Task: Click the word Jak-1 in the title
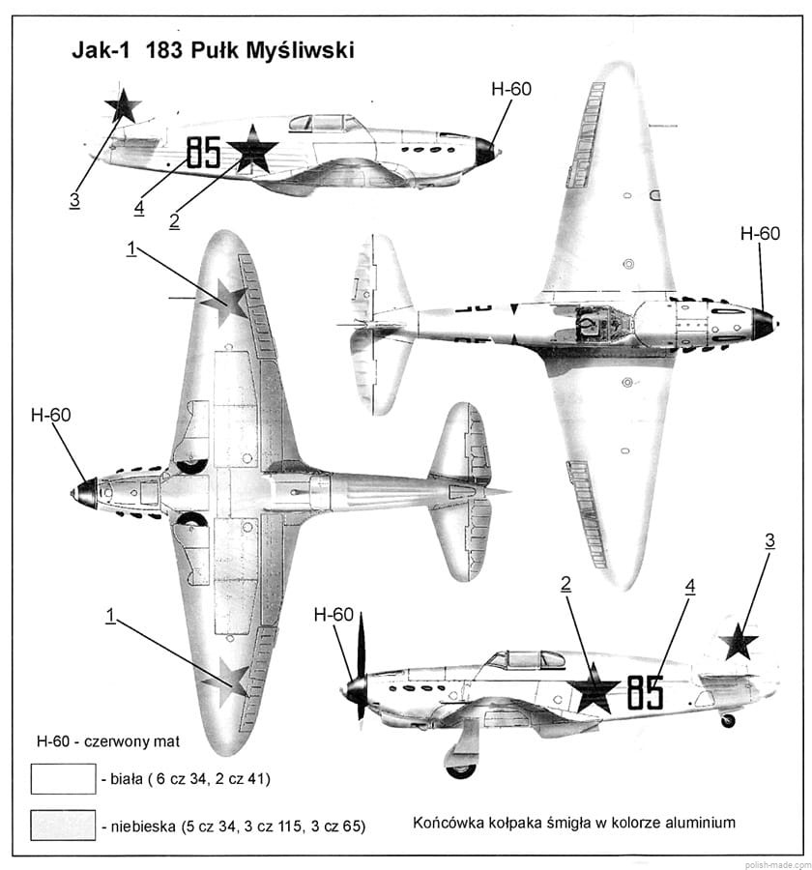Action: tap(101, 50)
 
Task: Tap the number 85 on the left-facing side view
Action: tap(204, 153)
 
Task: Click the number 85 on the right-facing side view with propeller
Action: tap(645, 692)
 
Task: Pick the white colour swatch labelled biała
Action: tap(63, 778)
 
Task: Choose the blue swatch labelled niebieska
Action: tap(63, 826)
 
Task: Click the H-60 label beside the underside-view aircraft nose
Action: tap(50, 416)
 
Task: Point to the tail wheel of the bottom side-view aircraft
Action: tap(728, 720)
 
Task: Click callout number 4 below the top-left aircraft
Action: tap(139, 207)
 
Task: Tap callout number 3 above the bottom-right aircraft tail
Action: tap(769, 541)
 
